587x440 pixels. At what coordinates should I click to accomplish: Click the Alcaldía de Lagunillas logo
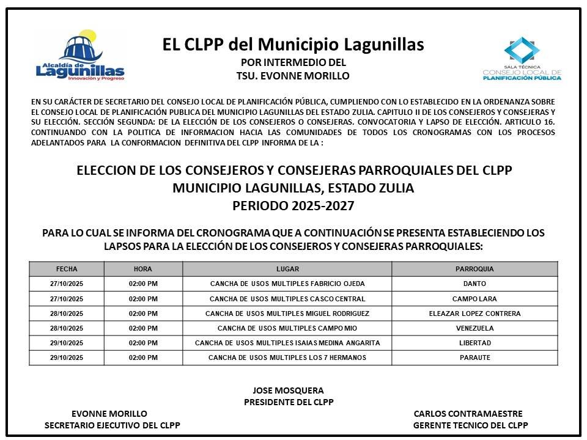point(80,57)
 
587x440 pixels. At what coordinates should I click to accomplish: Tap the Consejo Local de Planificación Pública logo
point(522,59)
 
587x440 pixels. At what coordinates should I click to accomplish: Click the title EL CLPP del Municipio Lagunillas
point(293,45)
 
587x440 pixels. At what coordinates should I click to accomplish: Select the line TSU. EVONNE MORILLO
point(293,76)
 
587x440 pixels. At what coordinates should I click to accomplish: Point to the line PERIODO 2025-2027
point(293,206)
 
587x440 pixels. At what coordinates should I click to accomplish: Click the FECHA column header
point(67,269)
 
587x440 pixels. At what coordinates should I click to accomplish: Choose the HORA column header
point(143,269)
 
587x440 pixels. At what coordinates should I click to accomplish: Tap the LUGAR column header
point(287,269)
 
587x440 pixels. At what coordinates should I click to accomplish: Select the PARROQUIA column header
point(474,269)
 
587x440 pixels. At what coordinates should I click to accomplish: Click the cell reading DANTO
point(474,284)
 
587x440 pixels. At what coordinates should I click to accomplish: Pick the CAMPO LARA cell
point(474,299)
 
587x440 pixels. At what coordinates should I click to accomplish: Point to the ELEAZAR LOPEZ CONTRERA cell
point(474,313)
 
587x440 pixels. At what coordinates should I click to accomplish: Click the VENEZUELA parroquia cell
point(474,328)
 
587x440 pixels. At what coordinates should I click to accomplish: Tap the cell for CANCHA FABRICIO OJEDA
point(287,284)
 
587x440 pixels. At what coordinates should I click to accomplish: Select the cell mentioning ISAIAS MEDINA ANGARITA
point(287,343)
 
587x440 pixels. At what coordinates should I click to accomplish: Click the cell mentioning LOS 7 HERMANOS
point(287,358)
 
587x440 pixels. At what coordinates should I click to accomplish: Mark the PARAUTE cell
point(474,358)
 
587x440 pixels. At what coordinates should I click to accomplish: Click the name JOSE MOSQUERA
point(288,391)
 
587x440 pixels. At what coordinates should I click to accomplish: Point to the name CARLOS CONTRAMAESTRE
point(468,414)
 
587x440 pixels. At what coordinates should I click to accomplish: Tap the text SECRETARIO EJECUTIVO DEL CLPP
point(113,425)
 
